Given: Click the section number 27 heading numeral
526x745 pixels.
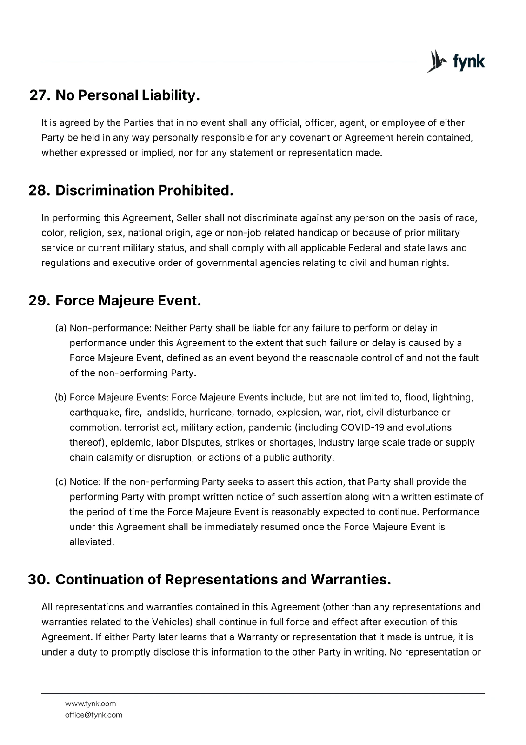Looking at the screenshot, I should [x=40, y=95].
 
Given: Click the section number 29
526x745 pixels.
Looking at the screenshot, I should [x=39, y=301].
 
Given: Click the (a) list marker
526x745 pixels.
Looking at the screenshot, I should [x=61, y=328].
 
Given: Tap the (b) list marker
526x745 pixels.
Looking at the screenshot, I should [x=61, y=398].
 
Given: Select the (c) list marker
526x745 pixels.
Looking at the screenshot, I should [x=61, y=482].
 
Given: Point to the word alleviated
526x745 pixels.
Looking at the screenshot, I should [x=92, y=542].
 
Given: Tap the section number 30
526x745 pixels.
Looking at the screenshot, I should [x=39, y=580].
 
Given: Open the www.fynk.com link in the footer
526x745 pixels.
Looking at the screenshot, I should [x=91, y=704].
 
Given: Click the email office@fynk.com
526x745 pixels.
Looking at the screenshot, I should [x=93, y=715].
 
